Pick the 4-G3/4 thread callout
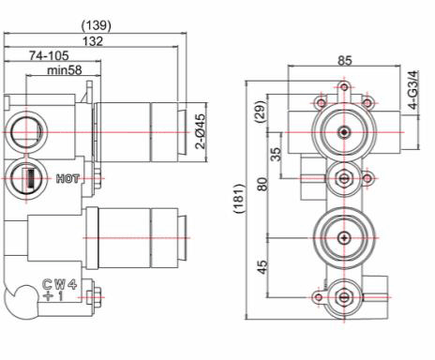pos(414,93)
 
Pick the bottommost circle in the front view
pos(345,298)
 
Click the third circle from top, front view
pos(345,232)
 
